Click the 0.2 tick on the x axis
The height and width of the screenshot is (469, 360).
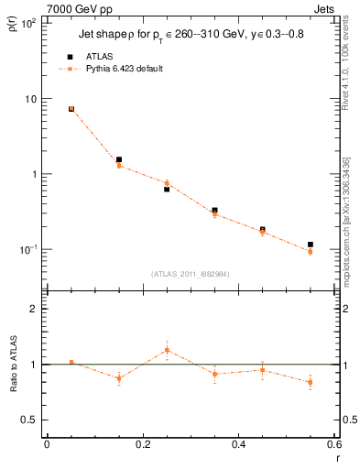pos(143,444)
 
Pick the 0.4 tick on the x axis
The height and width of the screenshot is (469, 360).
pos(238,444)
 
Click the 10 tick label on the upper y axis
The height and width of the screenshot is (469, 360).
pos(29,99)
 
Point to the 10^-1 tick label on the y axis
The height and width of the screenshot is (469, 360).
pos(27,249)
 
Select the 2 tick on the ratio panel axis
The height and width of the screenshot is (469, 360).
pos(33,310)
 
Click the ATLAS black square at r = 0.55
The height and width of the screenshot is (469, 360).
pos(311,245)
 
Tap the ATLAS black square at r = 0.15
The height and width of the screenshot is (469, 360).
pos(119,159)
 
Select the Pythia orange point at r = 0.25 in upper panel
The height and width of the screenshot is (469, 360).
pos(167,183)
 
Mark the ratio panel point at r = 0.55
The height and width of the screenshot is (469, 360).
pos(311,382)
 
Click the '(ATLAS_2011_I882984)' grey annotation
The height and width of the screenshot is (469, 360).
pos(190,273)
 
